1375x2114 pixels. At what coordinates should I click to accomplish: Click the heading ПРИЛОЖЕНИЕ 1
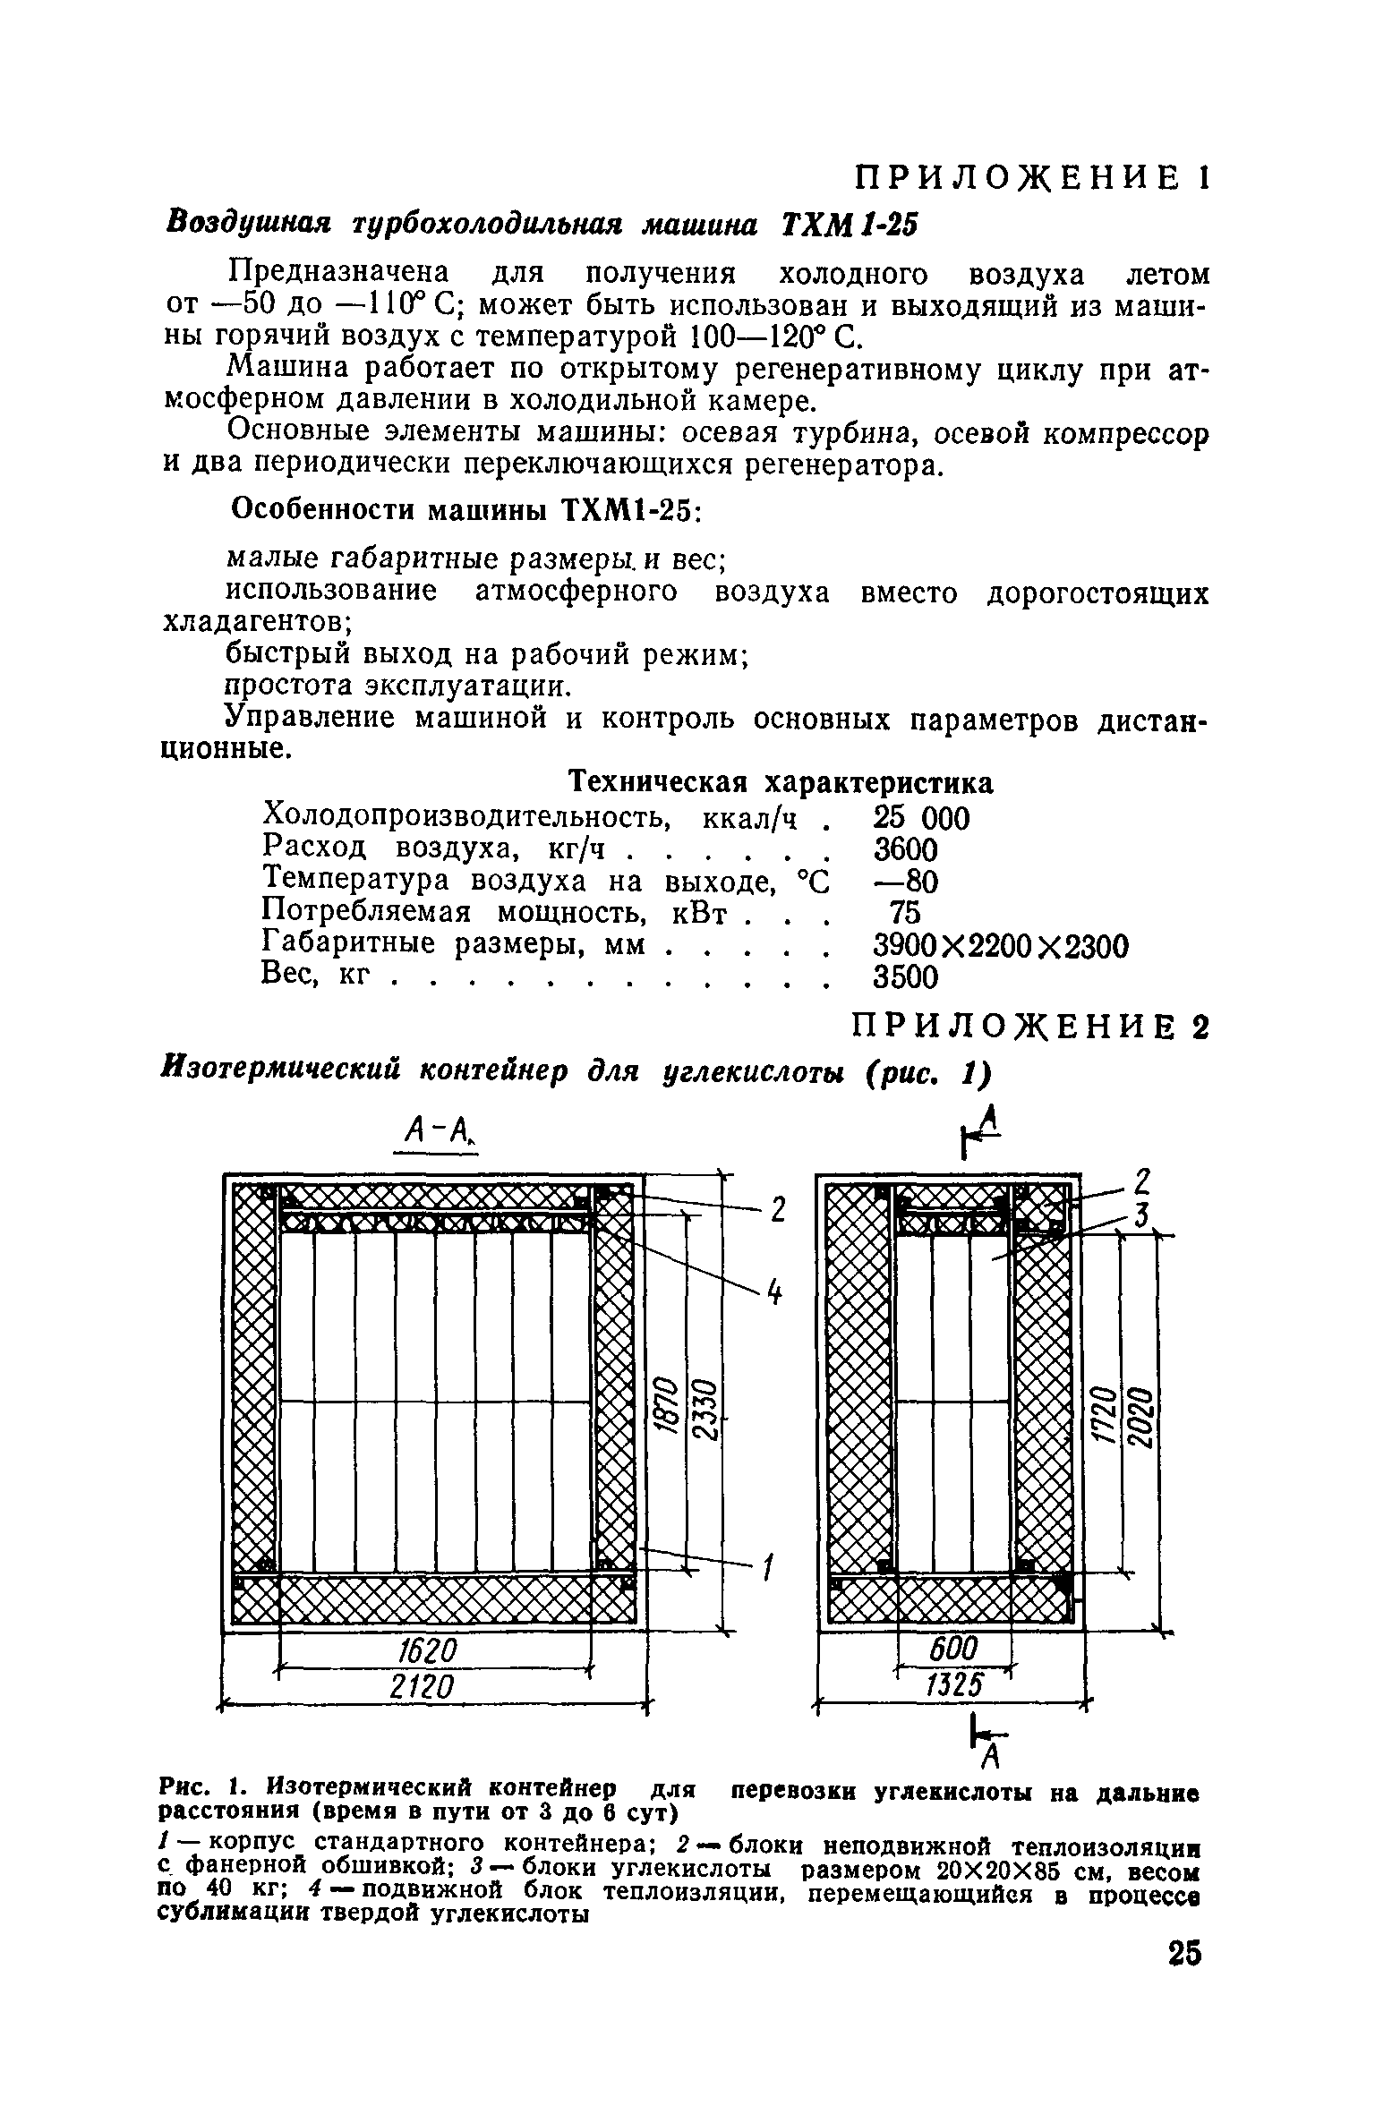(1032, 178)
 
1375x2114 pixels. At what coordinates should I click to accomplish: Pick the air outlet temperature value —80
(905, 883)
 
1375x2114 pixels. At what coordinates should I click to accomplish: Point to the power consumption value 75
(905, 914)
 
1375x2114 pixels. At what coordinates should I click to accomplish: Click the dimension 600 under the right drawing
(954, 1649)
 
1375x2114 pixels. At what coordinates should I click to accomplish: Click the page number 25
(1184, 1953)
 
